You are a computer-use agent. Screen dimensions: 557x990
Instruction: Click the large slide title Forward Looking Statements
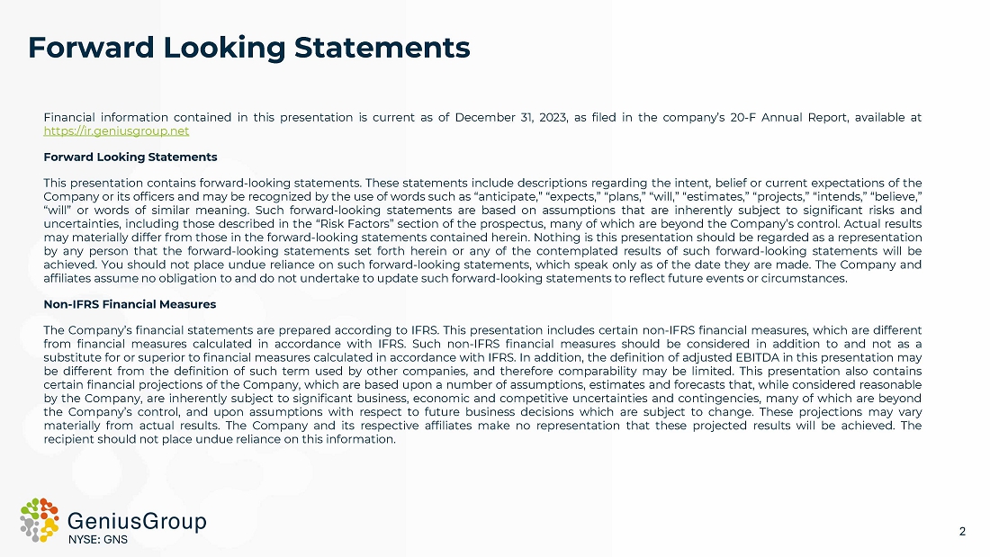(248, 47)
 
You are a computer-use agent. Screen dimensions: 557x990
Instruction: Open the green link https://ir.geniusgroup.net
(116, 130)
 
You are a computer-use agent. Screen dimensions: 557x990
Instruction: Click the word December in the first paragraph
(483, 118)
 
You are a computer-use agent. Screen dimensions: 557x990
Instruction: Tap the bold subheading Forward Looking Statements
(130, 157)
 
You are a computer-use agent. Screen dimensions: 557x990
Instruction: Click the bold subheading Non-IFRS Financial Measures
(130, 305)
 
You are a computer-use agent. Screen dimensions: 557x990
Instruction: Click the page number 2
(962, 531)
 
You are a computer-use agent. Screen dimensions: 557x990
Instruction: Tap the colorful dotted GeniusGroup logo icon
(40, 519)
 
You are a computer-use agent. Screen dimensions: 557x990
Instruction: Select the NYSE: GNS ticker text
(99, 540)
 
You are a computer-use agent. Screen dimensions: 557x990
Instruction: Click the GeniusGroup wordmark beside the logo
(137, 521)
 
